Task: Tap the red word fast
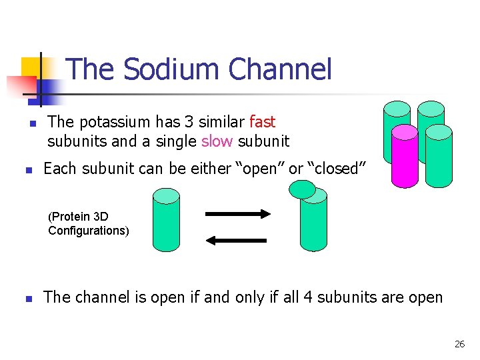pos(262,122)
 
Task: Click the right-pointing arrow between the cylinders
pos(237,214)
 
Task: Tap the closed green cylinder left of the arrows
pos(166,219)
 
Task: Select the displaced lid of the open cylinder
pos(303,189)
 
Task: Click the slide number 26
pos(459,344)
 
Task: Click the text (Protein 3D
pos(78,217)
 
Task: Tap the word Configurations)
pos(89,231)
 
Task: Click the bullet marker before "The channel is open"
pos(27,299)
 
